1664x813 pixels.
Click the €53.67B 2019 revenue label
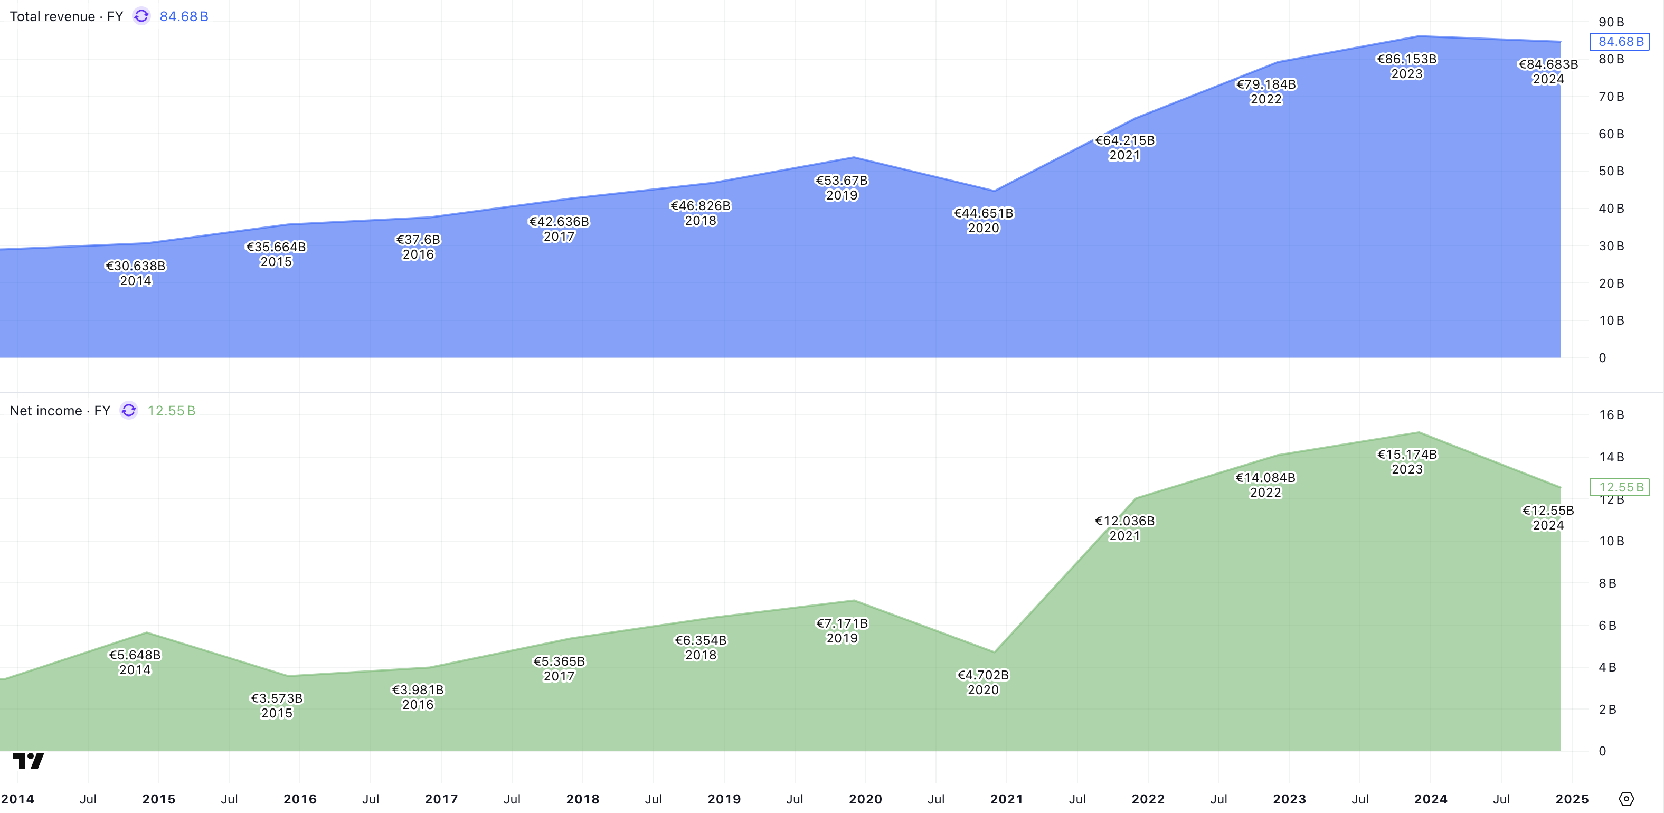point(841,187)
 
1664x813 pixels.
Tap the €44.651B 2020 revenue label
point(983,220)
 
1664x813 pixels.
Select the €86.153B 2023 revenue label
point(1406,66)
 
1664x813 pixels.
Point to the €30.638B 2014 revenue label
point(135,273)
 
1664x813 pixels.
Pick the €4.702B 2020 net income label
point(982,682)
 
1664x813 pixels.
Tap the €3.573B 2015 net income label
point(277,705)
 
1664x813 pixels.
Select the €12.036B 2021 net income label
point(1124,527)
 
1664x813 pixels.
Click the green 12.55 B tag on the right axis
point(1620,487)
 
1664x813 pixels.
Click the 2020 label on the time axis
point(865,799)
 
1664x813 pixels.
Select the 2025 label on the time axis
point(1572,799)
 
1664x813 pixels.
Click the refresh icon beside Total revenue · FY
point(141,16)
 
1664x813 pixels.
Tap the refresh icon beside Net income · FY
point(129,411)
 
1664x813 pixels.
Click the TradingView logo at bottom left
point(29,760)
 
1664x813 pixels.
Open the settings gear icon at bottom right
point(1626,799)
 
